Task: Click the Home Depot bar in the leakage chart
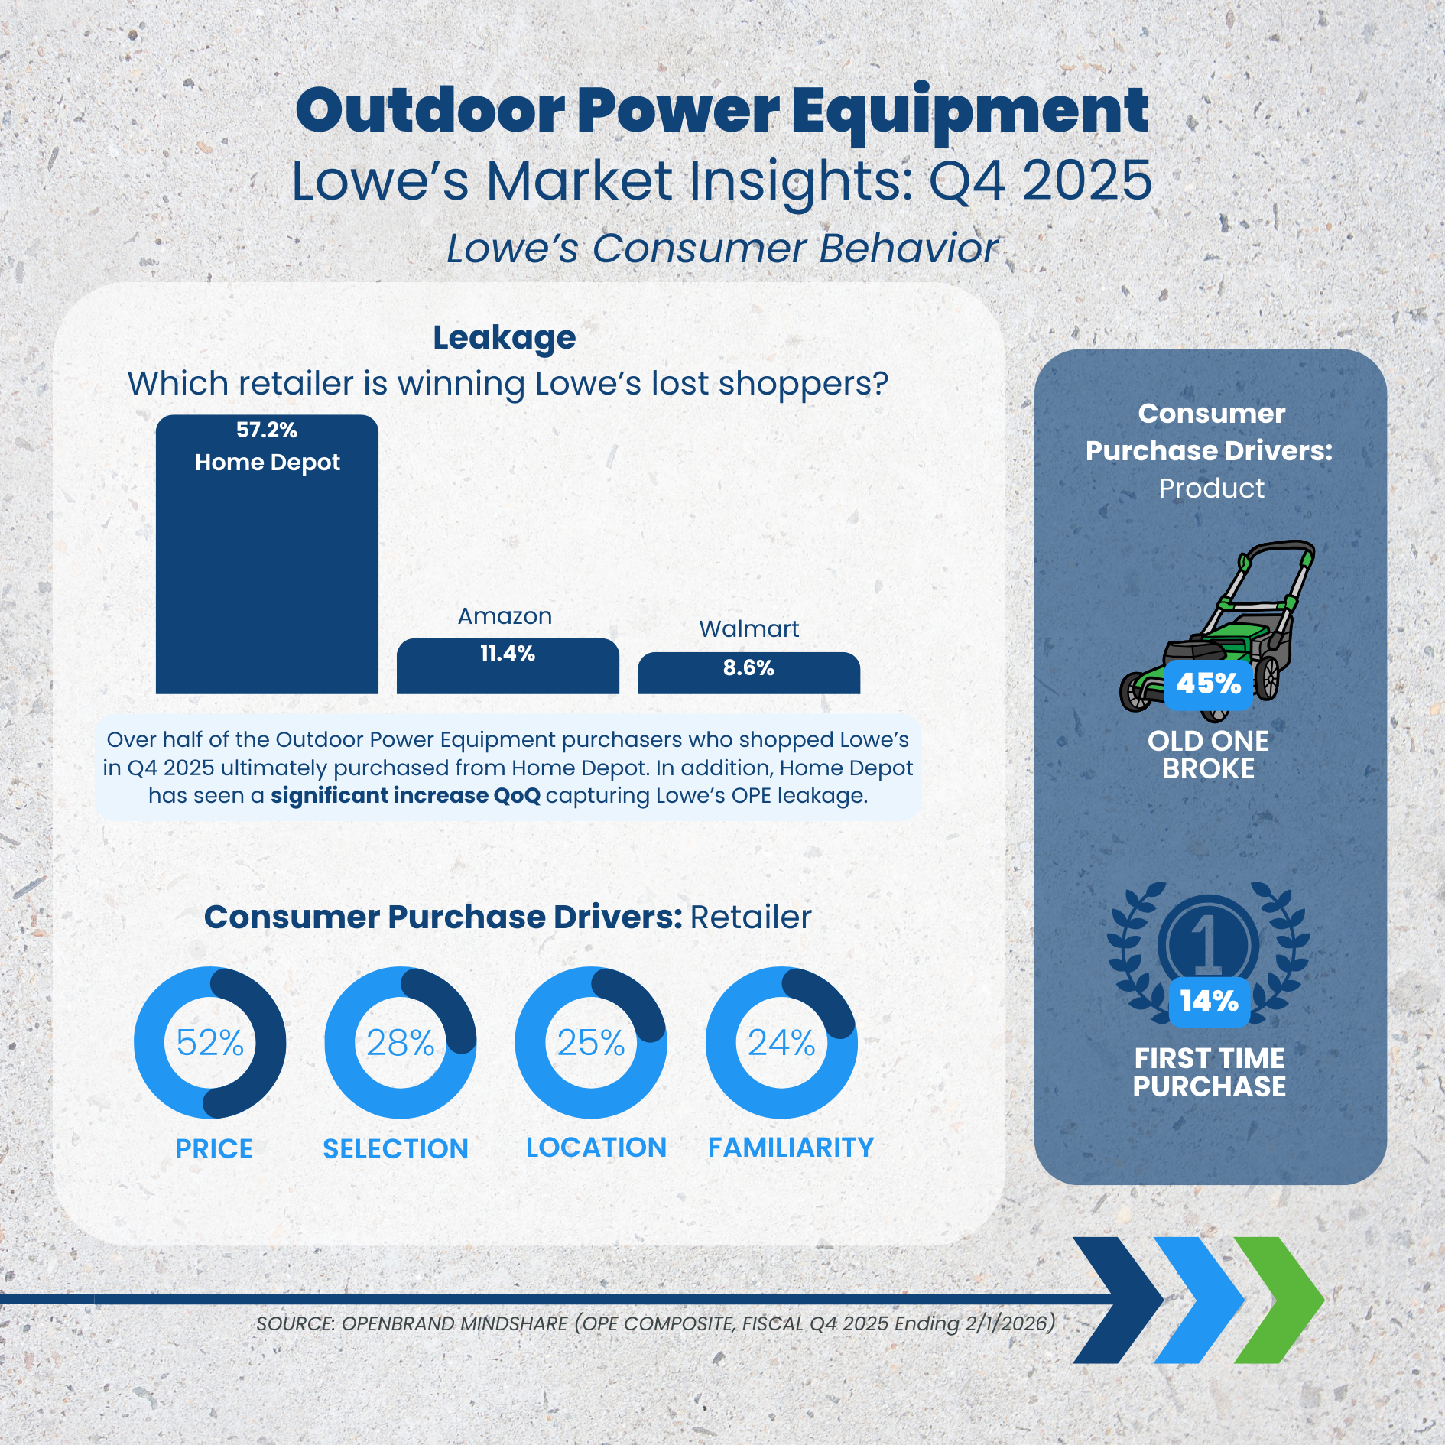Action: click(x=267, y=554)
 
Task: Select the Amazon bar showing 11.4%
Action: click(x=508, y=666)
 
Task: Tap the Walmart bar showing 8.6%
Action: click(x=748, y=673)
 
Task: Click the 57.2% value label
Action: click(x=267, y=430)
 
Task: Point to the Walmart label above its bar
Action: click(x=748, y=628)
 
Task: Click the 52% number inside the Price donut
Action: click(x=209, y=1042)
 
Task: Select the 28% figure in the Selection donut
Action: click(x=400, y=1042)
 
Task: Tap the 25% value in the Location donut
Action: click(x=590, y=1042)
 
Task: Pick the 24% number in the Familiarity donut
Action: click(x=781, y=1042)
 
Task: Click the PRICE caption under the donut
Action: click(x=214, y=1148)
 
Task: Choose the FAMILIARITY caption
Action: click(x=791, y=1147)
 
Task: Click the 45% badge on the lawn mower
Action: click(x=1208, y=684)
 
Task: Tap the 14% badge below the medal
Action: click(x=1209, y=1001)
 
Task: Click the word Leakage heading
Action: click(x=505, y=338)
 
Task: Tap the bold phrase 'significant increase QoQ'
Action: click(x=405, y=795)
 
